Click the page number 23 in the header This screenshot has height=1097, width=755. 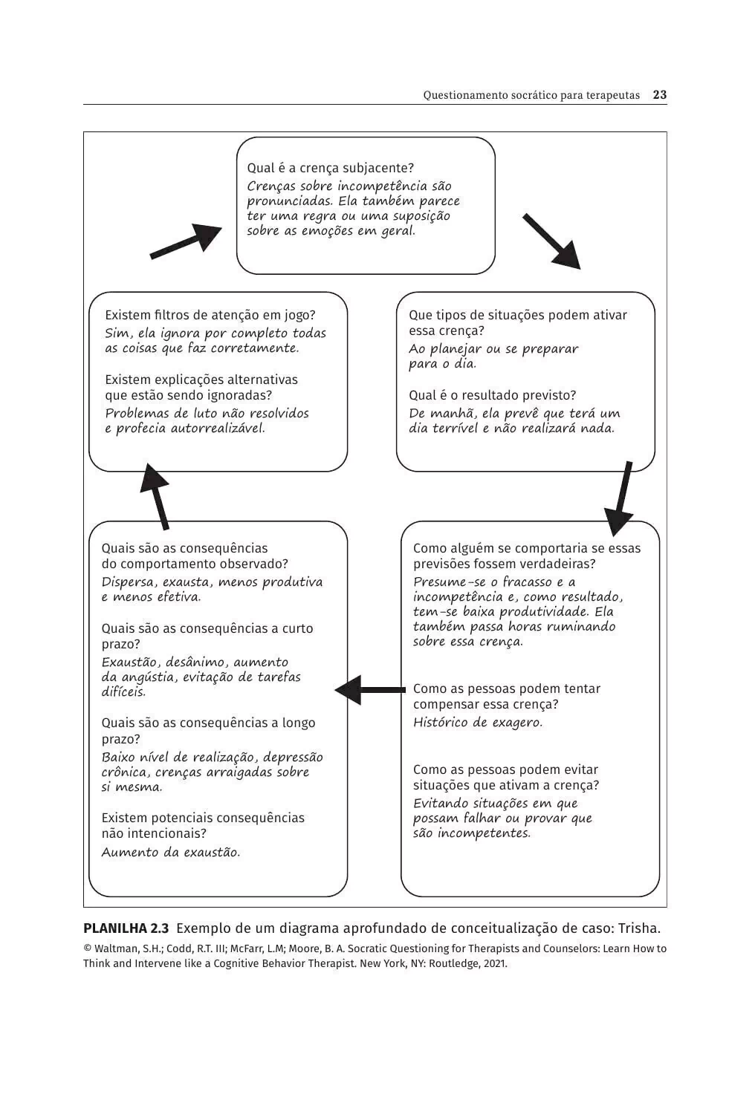pyautogui.click(x=659, y=95)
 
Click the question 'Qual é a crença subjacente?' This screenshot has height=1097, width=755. pyautogui.click(x=330, y=168)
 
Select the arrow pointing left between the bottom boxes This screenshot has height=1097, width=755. pyautogui.click(x=370, y=690)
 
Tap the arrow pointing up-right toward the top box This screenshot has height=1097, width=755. pyautogui.click(x=186, y=242)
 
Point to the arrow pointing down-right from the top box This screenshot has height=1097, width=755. pyautogui.click(x=551, y=241)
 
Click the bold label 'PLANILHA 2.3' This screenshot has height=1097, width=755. pyautogui.click(x=126, y=928)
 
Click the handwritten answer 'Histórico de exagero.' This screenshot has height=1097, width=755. pyautogui.click(x=478, y=722)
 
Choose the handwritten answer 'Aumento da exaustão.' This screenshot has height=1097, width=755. pyautogui.click(x=171, y=852)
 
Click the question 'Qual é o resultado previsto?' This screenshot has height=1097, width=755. pyautogui.click(x=492, y=395)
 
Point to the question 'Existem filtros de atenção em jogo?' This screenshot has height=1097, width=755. pyautogui.click(x=210, y=315)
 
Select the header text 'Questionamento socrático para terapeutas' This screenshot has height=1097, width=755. pyautogui.click(x=531, y=95)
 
